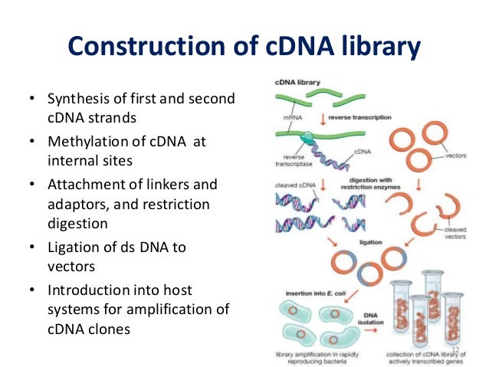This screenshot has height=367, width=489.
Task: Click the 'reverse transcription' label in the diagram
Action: tap(359, 117)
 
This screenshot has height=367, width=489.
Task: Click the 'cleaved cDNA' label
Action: tap(292, 185)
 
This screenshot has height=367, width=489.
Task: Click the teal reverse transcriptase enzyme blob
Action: tap(307, 137)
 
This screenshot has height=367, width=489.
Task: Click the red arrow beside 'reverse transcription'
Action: tap(324, 119)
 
